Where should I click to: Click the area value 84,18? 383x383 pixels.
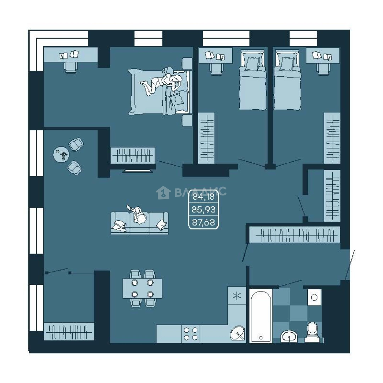(203, 196)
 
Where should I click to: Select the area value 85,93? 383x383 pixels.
(204, 209)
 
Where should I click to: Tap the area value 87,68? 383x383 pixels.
(204, 222)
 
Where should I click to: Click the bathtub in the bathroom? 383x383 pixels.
(261, 317)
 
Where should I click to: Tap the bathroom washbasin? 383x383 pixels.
(289, 337)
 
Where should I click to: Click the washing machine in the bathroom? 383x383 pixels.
(314, 297)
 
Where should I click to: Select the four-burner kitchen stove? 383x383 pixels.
(191, 334)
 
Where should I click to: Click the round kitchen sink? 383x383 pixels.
(237, 333)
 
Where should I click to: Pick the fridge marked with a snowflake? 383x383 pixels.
(237, 296)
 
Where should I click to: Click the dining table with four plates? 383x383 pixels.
(143, 288)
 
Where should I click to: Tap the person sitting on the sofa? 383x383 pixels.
(138, 215)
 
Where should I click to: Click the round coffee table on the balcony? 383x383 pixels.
(61, 154)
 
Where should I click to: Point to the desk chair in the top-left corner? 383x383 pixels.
(71, 67)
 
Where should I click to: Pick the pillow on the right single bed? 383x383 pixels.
(287, 63)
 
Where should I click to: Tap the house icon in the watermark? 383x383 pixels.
(163, 193)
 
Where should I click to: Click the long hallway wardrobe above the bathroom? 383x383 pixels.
(295, 235)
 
